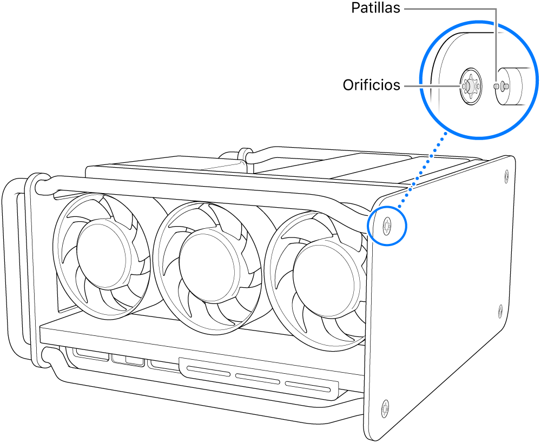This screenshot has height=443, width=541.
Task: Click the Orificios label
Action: coord(371,85)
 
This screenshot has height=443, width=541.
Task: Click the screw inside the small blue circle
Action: coord(387,226)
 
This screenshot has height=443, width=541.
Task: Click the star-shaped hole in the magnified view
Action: coord(469,85)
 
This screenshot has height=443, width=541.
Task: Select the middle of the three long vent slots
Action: coord(257,379)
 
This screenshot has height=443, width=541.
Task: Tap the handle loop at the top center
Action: coord(245,155)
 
